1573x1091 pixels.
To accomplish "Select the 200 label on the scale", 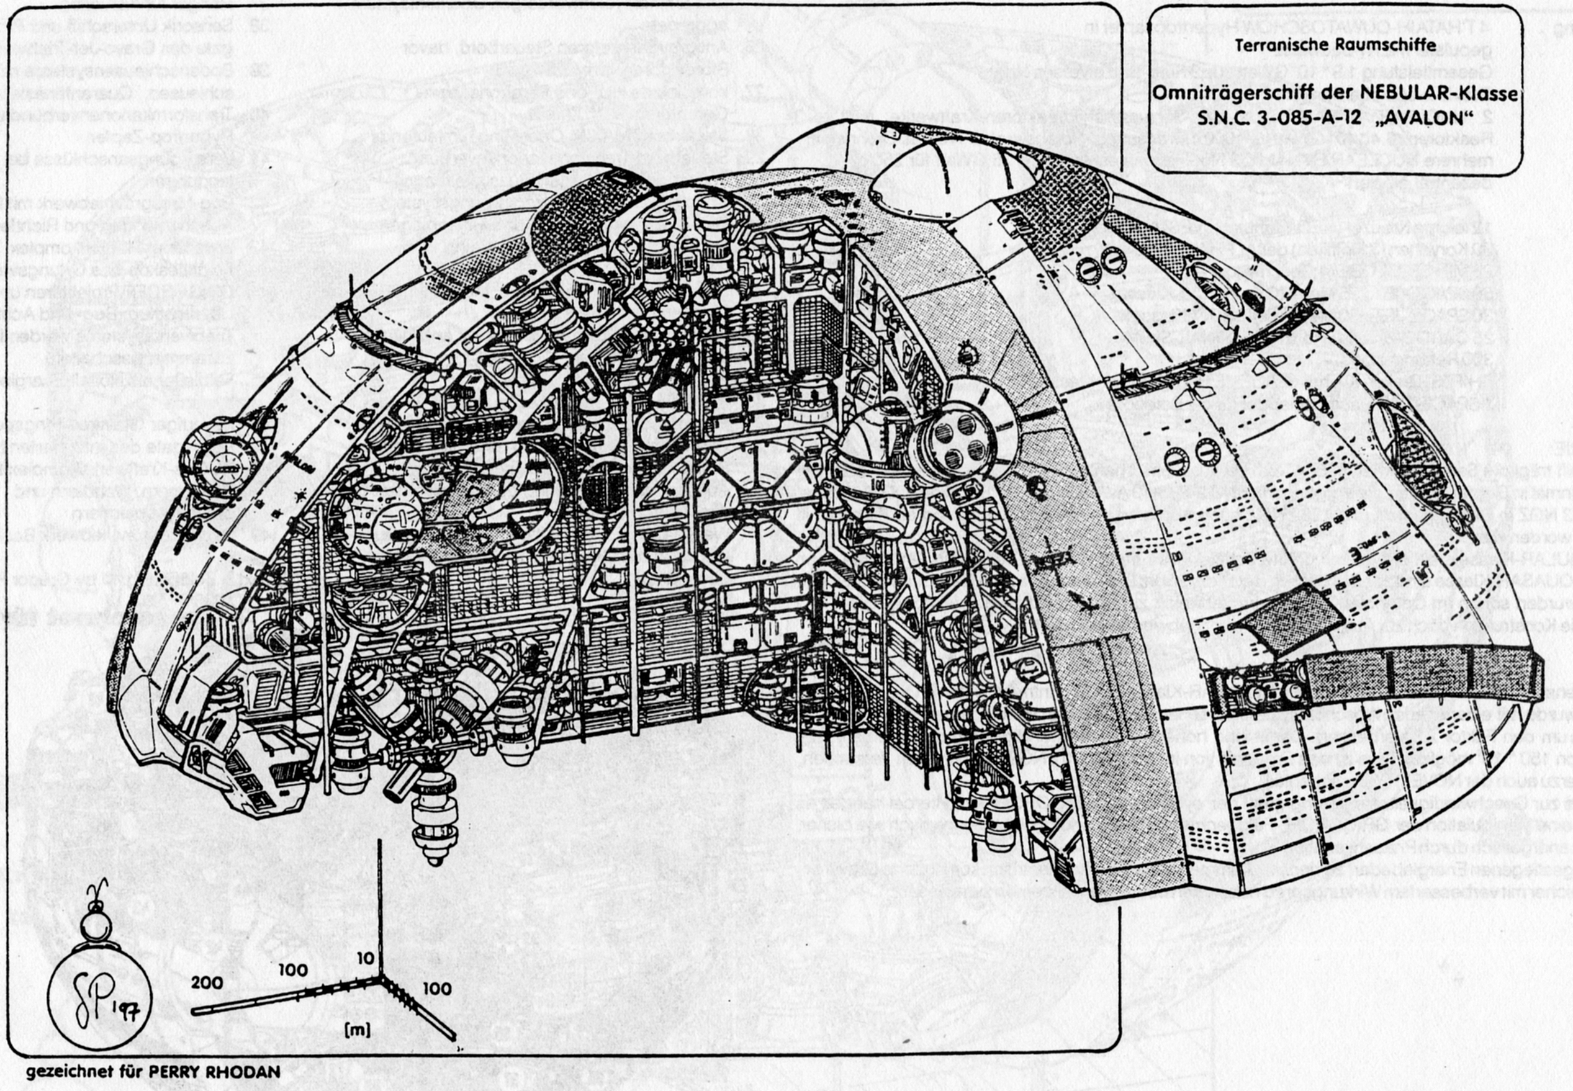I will coord(207,982).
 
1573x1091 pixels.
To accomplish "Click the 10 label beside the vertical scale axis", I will coord(366,958).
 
